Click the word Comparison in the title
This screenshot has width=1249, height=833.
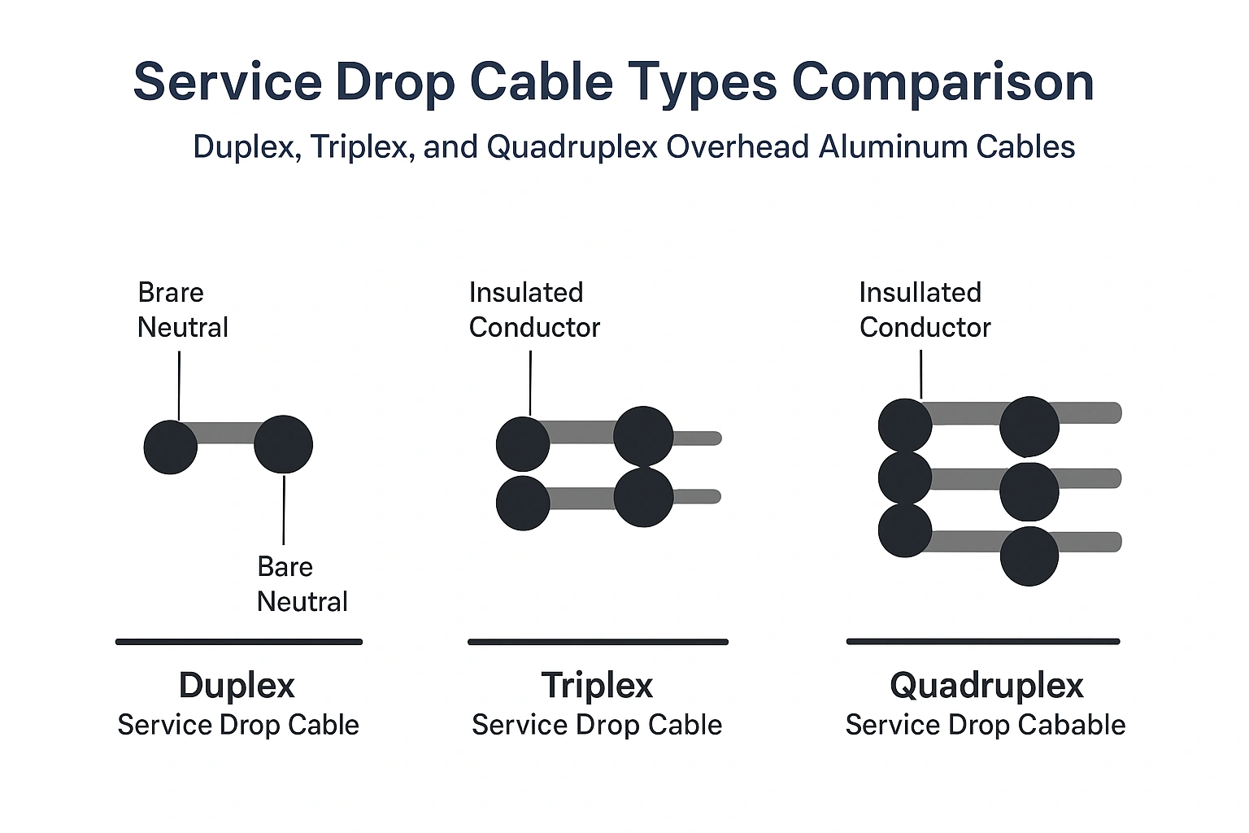tap(942, 82)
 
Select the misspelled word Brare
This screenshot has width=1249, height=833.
tap(171, 292)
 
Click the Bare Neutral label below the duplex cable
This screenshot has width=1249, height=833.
tap(302, 584)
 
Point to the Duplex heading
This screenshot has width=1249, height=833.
tap(237, 685)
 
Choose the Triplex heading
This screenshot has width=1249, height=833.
tap(597, 685)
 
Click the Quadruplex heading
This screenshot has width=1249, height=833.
tap(986, 685)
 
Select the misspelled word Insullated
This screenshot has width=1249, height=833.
tap(920, 292)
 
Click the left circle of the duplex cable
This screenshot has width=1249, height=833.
tap(171, 447)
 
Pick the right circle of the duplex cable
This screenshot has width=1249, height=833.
tap(283, 444)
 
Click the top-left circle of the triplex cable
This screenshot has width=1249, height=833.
tap(523, 443)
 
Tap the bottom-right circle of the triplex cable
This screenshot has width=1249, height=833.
tap(643, 497)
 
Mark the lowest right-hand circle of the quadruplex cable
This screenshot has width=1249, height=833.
tap(1029, 556)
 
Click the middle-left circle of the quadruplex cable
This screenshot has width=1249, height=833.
tap(905, 478)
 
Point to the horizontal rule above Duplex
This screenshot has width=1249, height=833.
tap(238, 642)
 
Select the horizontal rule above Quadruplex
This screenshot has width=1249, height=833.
tap(982, 642)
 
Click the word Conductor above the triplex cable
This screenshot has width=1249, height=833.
tap(534, 327)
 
